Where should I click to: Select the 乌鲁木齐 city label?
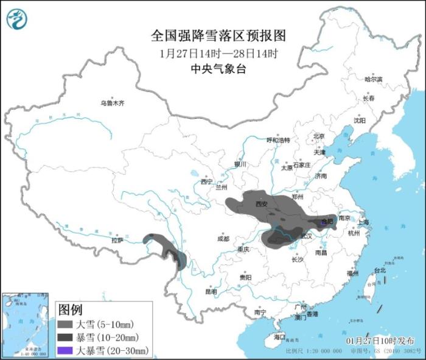coord(113,104)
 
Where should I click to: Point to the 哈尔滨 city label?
coord(373,79)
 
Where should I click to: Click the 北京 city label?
coord(319,136)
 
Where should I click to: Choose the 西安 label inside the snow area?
coord(261,204)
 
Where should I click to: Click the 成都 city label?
coord(223,239)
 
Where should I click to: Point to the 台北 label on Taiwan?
coord(379,270)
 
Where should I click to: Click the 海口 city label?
coord(279,337)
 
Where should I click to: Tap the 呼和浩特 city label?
coord(279,140)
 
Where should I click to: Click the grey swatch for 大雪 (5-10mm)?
coord(66,324)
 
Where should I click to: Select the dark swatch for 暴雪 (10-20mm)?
coord(66,337)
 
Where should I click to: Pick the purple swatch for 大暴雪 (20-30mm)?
coord(66,350)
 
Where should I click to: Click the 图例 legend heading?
coord(70,309)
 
